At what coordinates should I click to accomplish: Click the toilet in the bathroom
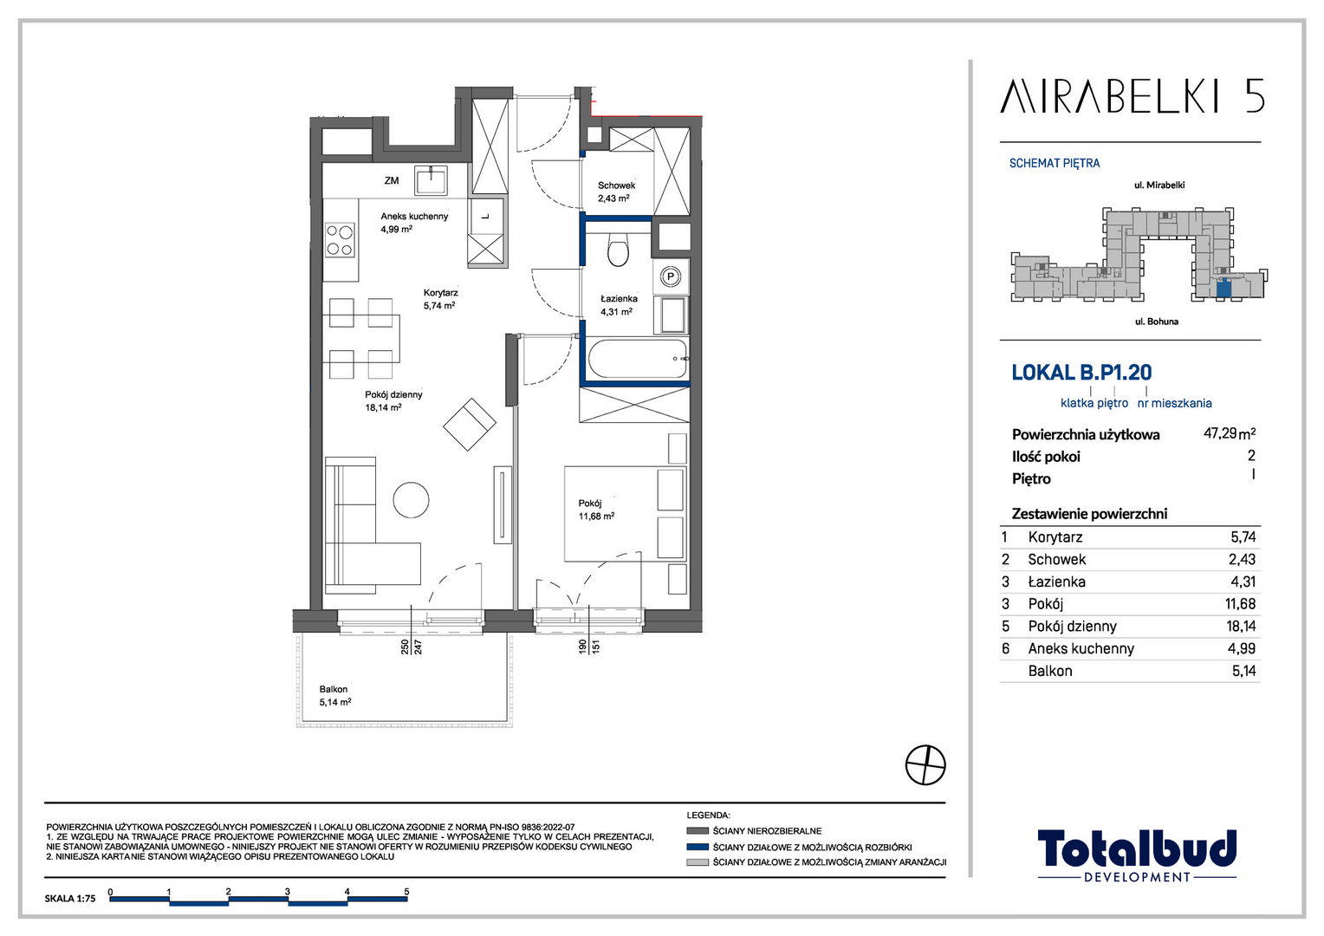619,250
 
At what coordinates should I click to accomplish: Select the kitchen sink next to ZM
431,179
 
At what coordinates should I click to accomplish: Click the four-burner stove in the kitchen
340,240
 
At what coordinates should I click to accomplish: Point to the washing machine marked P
671,276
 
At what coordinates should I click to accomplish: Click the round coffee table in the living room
412,500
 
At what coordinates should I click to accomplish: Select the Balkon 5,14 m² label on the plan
335,695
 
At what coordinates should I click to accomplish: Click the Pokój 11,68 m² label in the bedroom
596,510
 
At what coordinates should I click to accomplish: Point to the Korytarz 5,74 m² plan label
440,299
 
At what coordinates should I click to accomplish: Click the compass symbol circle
925,765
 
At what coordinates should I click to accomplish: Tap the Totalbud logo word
1137,849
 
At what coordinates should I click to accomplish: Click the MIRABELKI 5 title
1132,96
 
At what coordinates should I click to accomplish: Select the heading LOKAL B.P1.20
1081,373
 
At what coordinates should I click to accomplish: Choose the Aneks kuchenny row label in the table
1081,648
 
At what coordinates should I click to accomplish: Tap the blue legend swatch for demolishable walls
698,847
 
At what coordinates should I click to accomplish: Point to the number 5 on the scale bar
406,892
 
